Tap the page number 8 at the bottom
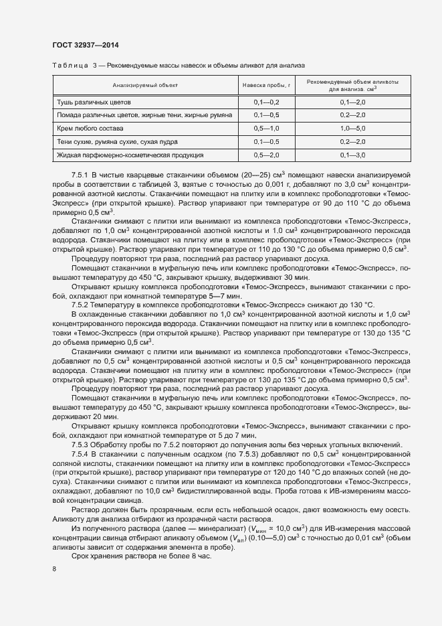pyautogui.click(x=54, y=568)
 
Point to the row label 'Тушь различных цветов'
pyautogui.click(x=94, y=102)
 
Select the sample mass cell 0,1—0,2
pyautogui.click(x=265, y=102)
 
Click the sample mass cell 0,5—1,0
pyautogui.click(x=265, y=128)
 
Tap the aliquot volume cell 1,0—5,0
pyautogui.click(x=352, y=128)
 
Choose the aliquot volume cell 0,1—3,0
pyautogui.click(x=352, y=155)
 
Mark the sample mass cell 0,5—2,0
pyautogui.click(x=265, y=155)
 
